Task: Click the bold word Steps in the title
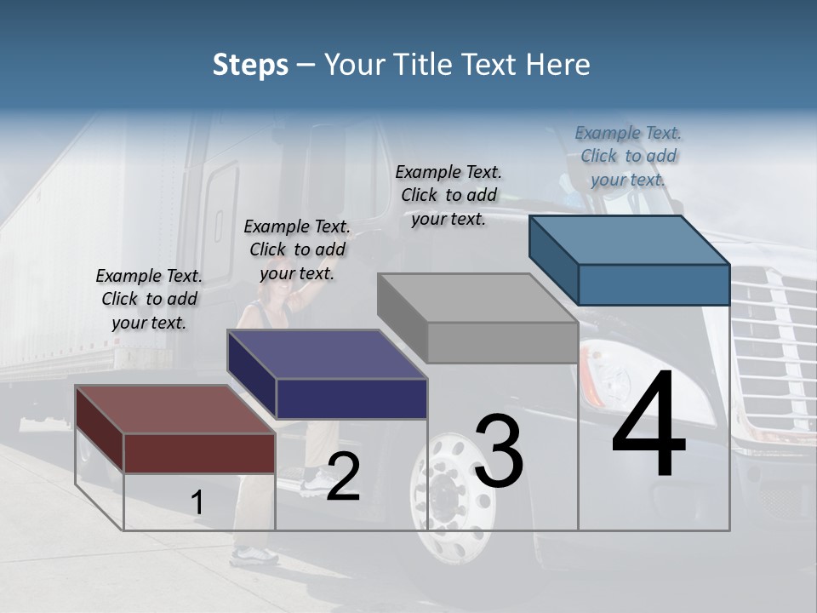[250, 65]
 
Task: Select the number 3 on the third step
[499, 451]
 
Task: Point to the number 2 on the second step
[343, 477]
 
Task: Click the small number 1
[197, 503]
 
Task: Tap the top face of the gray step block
[477, 298]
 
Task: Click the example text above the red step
[150, 299]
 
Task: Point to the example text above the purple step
[297, 249]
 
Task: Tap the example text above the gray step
[448, 195]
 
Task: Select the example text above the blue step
[628, 156]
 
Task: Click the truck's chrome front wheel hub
[442, 495]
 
